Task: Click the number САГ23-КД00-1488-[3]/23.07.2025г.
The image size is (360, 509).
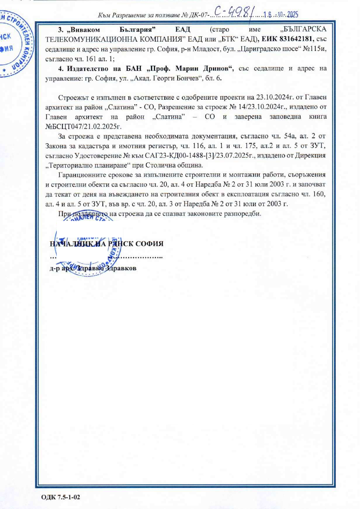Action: point(207,155)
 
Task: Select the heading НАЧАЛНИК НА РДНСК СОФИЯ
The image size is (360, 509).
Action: point(106,245)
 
